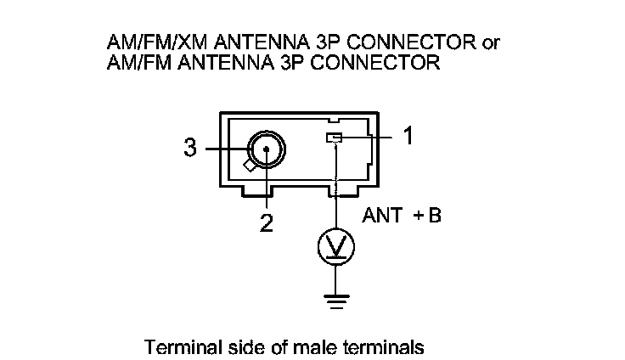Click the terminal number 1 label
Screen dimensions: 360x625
408,136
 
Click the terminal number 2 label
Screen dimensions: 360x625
266,223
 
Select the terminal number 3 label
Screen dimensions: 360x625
190,149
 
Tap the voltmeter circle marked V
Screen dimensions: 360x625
335,246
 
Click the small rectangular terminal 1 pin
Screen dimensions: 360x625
335,138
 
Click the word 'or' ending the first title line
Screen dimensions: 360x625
492,42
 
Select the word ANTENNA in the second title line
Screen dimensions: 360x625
227,62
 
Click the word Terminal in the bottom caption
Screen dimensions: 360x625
177,347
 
